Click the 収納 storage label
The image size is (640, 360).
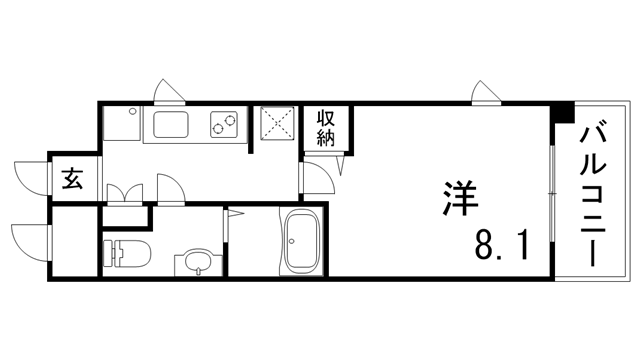[x=327, y=129]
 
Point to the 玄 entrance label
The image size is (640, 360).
[x=73, y=181]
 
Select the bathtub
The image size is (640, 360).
[x=300, y=242]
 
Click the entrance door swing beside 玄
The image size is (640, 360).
[x=35, y=177]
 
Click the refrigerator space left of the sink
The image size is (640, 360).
[x=121, y=127]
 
